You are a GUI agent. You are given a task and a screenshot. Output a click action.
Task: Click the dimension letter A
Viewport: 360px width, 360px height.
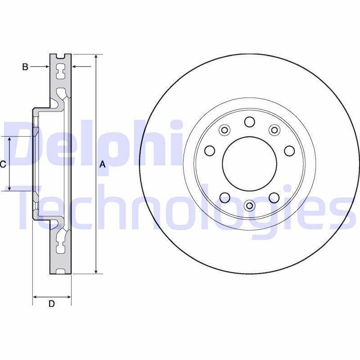coord(102,165)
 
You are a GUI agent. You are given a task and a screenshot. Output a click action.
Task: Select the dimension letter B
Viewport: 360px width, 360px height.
coord(25,67)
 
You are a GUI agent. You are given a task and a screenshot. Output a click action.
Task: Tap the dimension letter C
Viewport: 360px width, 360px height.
coord(3,165)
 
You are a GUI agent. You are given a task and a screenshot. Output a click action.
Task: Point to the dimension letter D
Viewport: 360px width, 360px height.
coord(52,304)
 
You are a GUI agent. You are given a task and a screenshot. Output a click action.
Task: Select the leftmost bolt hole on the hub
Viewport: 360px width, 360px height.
coord(209,150)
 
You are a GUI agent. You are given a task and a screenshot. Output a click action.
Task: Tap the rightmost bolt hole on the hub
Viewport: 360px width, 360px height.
coord(289,150)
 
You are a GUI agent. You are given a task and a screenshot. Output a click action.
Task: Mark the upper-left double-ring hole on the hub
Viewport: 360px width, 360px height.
coord(224,130)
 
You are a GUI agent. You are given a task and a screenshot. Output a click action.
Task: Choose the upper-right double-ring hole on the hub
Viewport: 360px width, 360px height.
coord(274,130)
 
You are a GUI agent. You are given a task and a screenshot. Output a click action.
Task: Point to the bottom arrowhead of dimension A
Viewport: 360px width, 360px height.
coord(96,271)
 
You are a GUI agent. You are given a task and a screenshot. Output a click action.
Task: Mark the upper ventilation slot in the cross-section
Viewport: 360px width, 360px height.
coord(60,71)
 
